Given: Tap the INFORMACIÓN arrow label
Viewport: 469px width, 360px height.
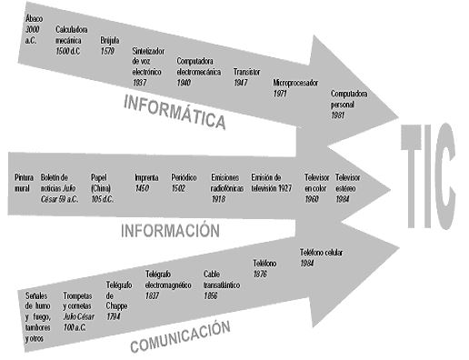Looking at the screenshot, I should coord(170,230).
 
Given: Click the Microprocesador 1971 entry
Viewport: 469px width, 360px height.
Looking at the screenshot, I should coord(295,87).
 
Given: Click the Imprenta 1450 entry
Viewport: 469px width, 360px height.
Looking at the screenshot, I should coord(146,183).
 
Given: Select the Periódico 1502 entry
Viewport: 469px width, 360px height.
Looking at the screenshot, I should coord(184,183).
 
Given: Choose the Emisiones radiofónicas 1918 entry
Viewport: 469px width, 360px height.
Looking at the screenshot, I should coord(227,187).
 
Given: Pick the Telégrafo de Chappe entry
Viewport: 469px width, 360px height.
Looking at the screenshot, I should coord(117,295).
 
